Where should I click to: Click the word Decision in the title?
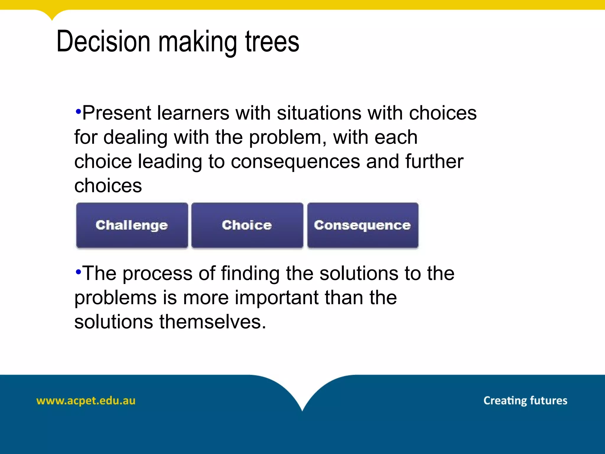click(x=103, y=42)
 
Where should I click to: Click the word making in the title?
click(x=198, y=42)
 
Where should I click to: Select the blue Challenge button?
click(x=132, y=225)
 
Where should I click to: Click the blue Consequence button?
click(x=362, y=225)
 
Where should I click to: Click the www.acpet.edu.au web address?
click(x=86, y=401)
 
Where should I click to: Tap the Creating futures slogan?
click(x=525, y=401)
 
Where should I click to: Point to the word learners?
click(x=193, y=113)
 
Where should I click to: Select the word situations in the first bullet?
click(x=319, y=113)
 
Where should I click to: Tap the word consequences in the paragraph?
click(x=295, y=162)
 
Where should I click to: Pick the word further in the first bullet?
click(x=434, y=162)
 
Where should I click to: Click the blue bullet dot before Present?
click(x=78, y=111)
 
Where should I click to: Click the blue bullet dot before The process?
click(x=78, y=272)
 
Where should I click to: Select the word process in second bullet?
click(x=157, y=273)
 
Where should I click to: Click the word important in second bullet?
click(x=277, y=298)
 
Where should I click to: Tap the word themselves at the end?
click(x=212, y=322)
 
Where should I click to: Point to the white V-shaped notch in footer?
click(x=302, y=393)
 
